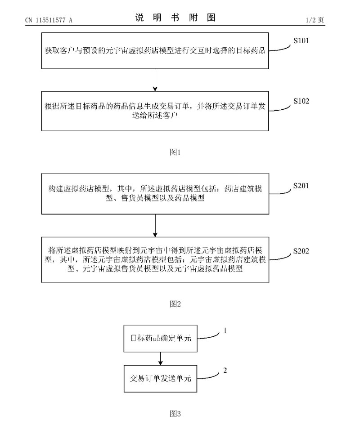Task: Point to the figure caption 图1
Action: [175, 152]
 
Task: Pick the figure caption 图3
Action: [175, 414]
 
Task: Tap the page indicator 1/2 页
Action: [315, 19]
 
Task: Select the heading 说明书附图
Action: [175, 18]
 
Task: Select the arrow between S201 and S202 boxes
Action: [155, 225]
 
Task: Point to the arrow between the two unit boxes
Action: [161, 358]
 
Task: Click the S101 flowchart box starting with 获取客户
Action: [155, 51]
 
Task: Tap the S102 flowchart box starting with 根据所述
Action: [155, 110]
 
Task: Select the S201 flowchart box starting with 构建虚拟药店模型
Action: [155, 193]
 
